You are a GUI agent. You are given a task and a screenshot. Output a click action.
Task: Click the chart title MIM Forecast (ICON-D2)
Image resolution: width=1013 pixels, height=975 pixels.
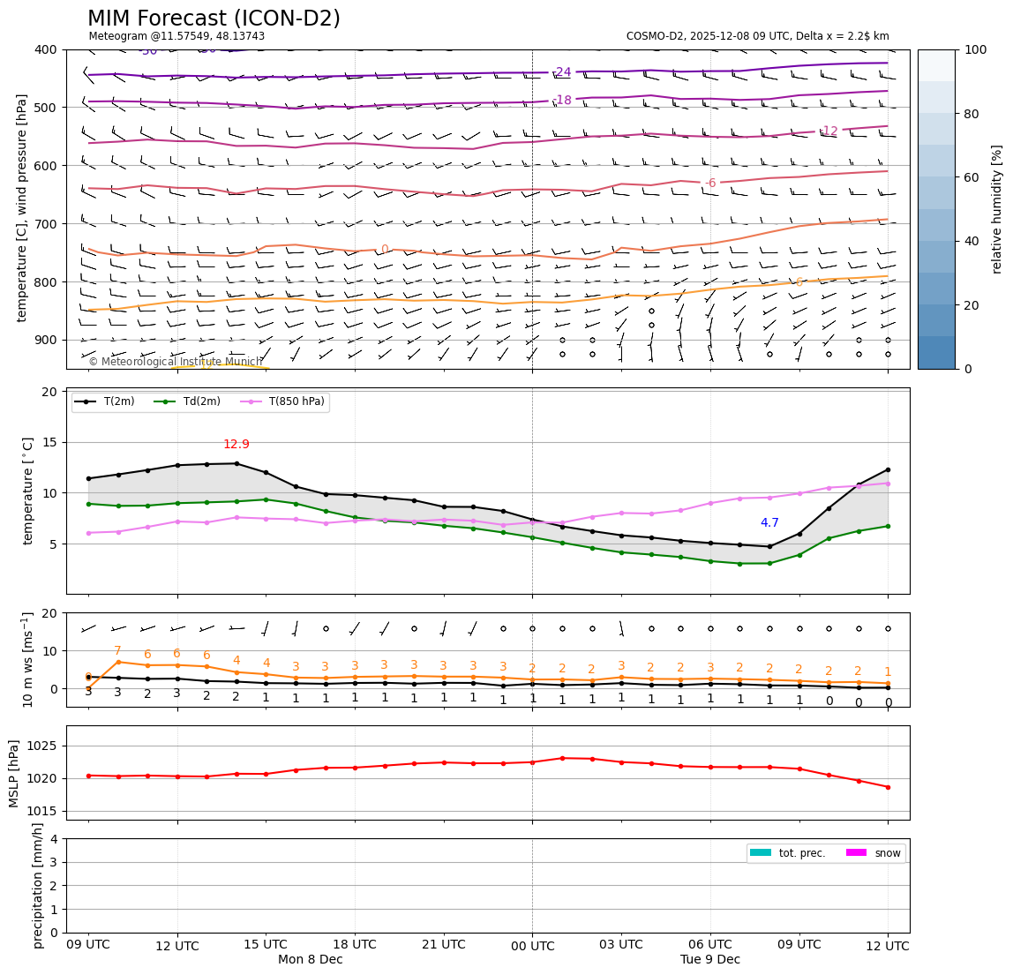(214, 19)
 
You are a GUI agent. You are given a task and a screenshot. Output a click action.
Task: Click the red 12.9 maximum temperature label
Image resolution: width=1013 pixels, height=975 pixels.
(236, 445)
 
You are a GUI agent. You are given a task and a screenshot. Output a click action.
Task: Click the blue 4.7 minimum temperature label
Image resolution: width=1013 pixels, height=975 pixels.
(769, 523)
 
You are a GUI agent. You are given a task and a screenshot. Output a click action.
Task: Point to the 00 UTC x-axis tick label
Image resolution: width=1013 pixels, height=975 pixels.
(532, 946)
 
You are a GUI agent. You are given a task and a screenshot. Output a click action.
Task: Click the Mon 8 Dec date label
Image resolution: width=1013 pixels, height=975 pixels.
(310, 959)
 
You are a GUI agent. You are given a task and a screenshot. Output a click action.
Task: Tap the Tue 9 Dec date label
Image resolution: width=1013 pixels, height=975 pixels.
(709, 959)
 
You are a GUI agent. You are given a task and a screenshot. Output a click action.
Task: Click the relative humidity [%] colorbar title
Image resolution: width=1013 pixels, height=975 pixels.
(996, 209)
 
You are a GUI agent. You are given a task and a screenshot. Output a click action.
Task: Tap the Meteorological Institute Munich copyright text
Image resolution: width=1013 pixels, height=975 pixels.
(175, 362)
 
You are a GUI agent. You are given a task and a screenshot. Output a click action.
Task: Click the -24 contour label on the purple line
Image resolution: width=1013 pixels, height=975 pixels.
(562, 72)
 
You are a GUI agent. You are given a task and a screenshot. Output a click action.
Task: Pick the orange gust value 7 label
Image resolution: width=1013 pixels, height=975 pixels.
(117, 651)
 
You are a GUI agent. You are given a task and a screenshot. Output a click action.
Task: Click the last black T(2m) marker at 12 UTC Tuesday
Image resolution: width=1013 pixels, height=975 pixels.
(888, 469)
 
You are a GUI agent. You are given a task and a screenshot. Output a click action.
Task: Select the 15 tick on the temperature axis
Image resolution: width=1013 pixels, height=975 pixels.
(52, 442)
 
